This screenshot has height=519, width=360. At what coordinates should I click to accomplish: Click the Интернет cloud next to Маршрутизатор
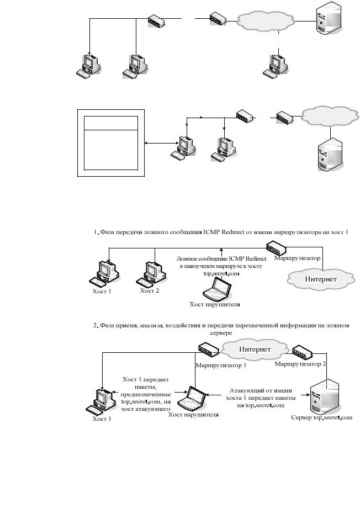(321, 279)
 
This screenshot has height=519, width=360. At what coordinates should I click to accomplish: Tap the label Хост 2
(150, 290)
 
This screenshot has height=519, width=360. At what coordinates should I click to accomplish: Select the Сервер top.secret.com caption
(321, 417)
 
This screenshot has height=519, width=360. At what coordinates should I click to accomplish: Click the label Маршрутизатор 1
(221, 366)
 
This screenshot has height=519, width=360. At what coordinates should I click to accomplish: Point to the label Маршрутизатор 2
(300, 364)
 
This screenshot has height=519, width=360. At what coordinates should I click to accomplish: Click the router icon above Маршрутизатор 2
(302, 352)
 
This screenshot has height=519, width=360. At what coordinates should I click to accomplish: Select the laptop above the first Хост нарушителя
(217, 288)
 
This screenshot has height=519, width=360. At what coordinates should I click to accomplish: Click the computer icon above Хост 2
(151, 273)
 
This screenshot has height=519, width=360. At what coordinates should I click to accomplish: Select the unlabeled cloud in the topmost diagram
(266, 20)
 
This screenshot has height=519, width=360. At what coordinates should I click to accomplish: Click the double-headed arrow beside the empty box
(161, 144)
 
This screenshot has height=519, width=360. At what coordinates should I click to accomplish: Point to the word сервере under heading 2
(221, 332)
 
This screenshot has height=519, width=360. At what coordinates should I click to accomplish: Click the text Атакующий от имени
(261, 390)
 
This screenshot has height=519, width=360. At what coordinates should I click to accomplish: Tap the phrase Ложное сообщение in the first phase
(197, 259)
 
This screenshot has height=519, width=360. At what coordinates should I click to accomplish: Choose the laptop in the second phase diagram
(192, 398)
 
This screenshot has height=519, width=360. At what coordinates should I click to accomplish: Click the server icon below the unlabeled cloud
(330, 154)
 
